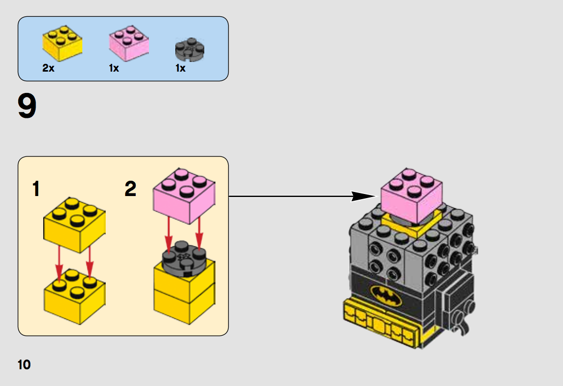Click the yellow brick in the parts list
click(x=62, y=43)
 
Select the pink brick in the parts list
click(x=129, y=43)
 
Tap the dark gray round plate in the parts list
click(x=190, y=50)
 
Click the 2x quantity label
click(x=48, y=68)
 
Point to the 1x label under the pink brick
click(x=114, y=68)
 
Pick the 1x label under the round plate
click(x=180, y=68)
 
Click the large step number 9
click(x=27, y=106)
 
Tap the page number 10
click(x=24, y=365)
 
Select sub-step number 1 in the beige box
click(x=36, y=189)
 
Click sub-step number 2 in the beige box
click(x=131, y=189)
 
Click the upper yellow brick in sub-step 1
click(x=74, y=225)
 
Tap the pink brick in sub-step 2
click(x=184, y=196)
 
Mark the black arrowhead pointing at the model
click(x=363, y=196)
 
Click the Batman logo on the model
click(x=386, y=296)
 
